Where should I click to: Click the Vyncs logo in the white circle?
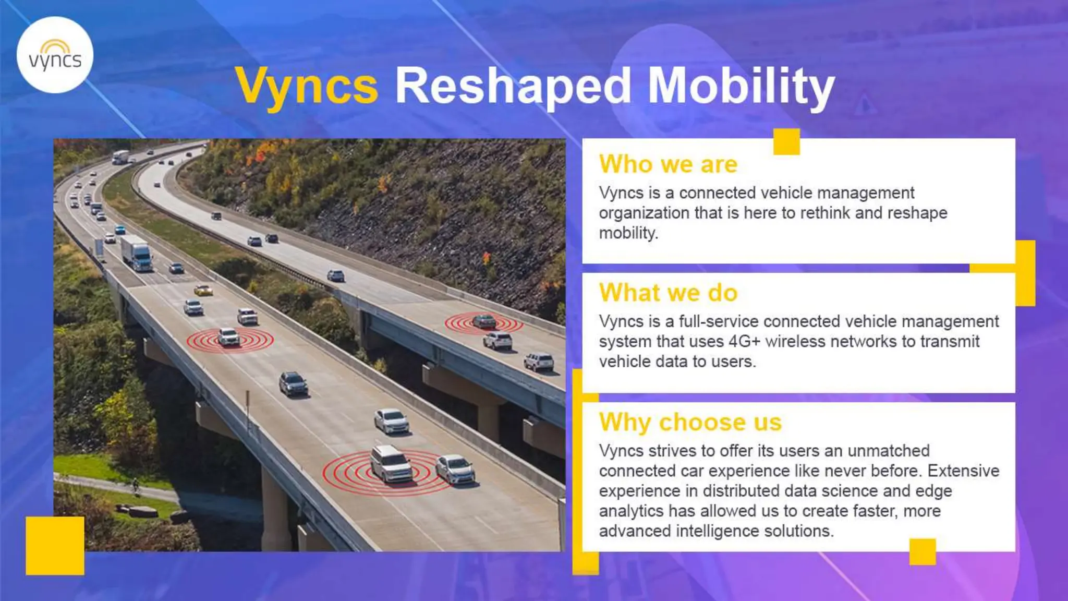55,55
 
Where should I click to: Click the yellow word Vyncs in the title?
307,86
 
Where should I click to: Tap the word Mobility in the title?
741,86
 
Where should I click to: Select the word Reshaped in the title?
513,86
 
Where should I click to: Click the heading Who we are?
668,164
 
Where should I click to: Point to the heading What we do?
668,293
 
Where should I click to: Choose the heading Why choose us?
690,422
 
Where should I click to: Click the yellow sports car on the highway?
203,290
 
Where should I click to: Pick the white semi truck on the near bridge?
137,253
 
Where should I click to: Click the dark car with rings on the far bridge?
483,321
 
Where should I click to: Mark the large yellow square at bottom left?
55,546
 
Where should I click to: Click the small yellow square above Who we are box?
786,141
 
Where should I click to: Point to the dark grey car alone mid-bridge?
293,384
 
